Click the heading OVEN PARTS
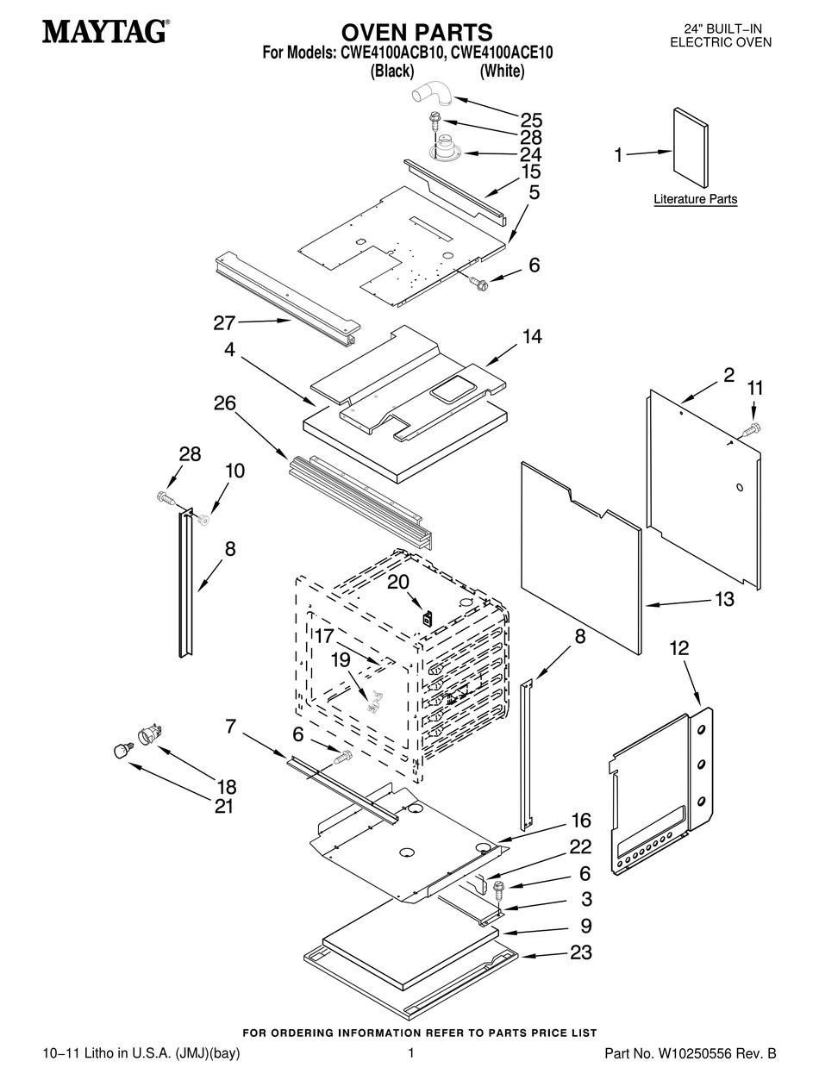(416, 33)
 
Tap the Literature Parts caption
(695, 199)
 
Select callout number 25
(531, 120)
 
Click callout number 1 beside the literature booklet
(618, 156)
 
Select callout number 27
(224, 322)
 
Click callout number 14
(532, 336)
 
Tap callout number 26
(225, 403)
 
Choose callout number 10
(235, 471)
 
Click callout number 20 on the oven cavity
(398, 582)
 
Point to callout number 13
(724, 599)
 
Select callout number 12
(679, 648)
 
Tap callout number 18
(227, 787)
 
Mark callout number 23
(581, 952)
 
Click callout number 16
(581, 821)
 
